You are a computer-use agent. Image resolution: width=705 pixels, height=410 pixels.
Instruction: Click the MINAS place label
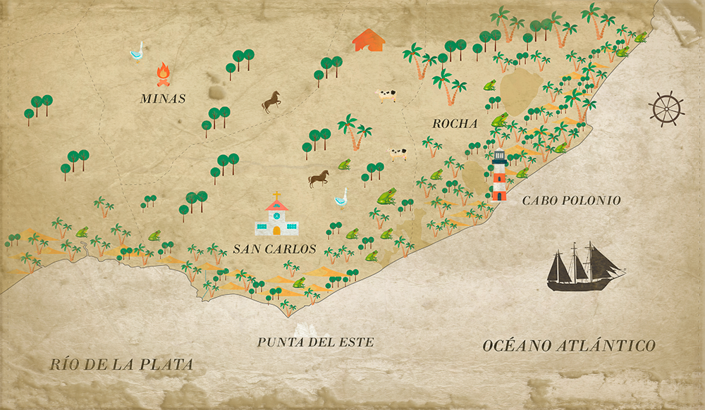(x=163, y=99)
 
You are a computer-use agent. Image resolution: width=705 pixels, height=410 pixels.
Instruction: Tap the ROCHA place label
(x=455, y=123)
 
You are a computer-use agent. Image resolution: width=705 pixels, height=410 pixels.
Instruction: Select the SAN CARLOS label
(x=274, y=249)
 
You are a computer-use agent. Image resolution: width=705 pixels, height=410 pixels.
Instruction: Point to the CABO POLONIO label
(x=571, y=201)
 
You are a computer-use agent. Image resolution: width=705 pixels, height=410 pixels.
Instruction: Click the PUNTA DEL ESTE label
(x=315, y=342)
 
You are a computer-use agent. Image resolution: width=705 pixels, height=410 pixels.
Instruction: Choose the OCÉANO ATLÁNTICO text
(x=569, y=346)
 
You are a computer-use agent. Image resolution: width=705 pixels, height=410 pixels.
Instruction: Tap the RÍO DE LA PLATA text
(x=121, y=364)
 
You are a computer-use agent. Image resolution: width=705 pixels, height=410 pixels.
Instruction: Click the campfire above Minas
(x=164, y=74)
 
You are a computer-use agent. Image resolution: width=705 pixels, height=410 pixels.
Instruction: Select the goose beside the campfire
(x=137, y=51)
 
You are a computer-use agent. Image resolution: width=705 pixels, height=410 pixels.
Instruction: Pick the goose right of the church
(x=341, y=197)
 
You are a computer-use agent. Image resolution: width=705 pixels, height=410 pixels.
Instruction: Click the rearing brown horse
(x=271, y=103)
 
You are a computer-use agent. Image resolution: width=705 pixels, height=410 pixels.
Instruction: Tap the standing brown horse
(x=319, y=178)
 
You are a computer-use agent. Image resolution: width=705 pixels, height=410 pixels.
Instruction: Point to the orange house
(x=369, y=40)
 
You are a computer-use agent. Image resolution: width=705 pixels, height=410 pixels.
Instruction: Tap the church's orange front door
(x=276, y=230)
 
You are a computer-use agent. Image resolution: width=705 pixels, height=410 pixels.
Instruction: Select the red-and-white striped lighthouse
(x=499, y=176)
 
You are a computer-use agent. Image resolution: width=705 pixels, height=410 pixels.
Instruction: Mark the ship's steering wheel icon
(x=666, y=108)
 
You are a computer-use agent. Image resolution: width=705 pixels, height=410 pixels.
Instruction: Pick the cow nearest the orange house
(x=386, y=95)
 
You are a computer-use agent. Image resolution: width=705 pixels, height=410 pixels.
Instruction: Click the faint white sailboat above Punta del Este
(x=305, y=329)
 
